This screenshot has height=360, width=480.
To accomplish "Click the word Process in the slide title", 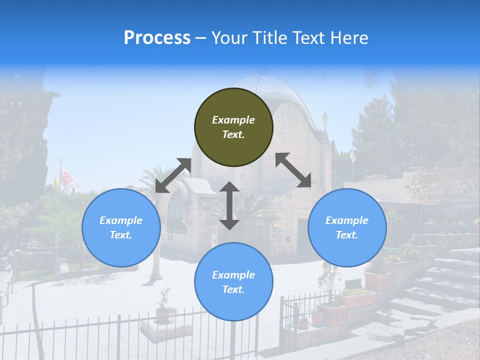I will tap(157, 38).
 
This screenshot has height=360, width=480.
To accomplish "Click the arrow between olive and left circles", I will tap(173, 175).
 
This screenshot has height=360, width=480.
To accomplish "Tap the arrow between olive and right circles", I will tap(293, 170).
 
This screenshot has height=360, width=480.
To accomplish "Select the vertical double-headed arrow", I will tap(229, 205).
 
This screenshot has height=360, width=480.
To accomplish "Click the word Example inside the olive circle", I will tap(233, 120).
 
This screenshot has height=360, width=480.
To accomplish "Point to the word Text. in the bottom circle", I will tap(233, 289).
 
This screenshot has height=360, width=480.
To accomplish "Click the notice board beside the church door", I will tap(276, 234).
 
